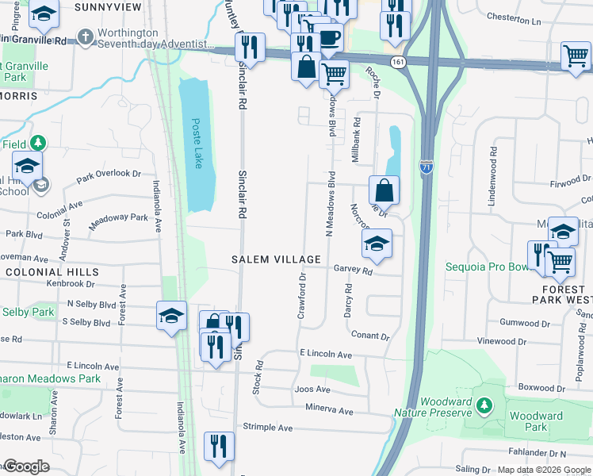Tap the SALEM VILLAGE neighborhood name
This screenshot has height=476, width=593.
click(x=276, y=259)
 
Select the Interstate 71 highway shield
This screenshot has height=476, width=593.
click(x=427, y=167)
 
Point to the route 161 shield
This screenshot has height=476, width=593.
click(x=397, y=61)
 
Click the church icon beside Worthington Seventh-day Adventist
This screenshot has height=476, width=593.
click(x=85, y=37)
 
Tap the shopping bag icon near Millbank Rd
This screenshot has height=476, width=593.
click(x=384, y=191)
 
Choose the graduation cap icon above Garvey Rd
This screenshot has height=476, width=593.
click(x=377, y=244)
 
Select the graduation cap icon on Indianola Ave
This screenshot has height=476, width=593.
click(x=172, y=317)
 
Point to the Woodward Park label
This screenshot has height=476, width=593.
click(x=536, y=421)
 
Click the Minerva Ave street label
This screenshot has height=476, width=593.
click(x=328, y=411)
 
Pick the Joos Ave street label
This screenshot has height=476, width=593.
click(x=312, y=390)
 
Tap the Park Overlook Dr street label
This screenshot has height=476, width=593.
click(x=109, y=176)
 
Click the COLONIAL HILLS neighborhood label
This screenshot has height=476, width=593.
click(x=40, y=271)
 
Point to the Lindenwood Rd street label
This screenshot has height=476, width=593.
click(x=492, y=167)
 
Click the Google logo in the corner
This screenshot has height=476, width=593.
click(x=26, y=466)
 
